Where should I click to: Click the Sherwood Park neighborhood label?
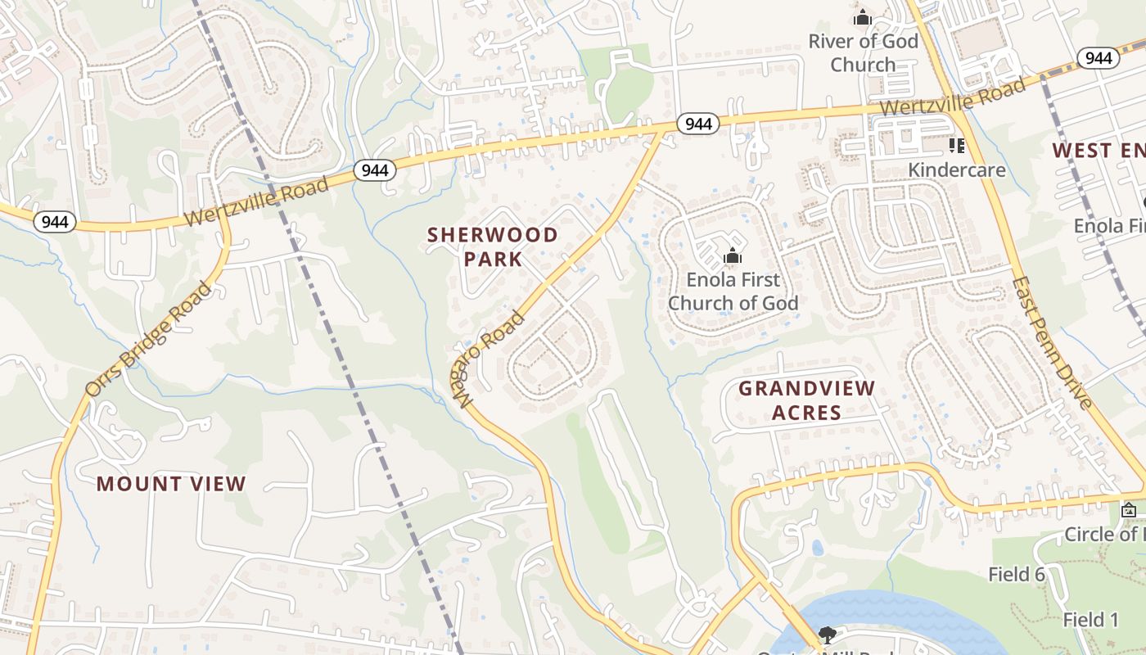[492, 246]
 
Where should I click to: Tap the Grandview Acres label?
[806, 400]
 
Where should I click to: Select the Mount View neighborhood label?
[171, 484]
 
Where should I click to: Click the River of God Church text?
[863, 52]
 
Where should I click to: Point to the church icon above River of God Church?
[862, 17]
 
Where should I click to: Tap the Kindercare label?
[957, 170]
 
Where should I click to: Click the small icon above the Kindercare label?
[956, 146]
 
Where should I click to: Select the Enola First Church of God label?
[733, 291]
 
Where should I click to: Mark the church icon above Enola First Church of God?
[732, 256]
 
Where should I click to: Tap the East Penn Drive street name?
[1052, 342]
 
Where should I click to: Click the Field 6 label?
[1017, 574]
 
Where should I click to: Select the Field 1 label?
[1090, 620]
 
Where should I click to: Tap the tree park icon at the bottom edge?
[827, 635]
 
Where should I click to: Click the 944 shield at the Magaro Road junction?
[697, 124]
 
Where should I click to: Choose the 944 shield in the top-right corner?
[1098, 57]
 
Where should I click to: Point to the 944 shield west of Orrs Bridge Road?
[55, 221]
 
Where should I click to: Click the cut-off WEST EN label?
[1098, 151]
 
